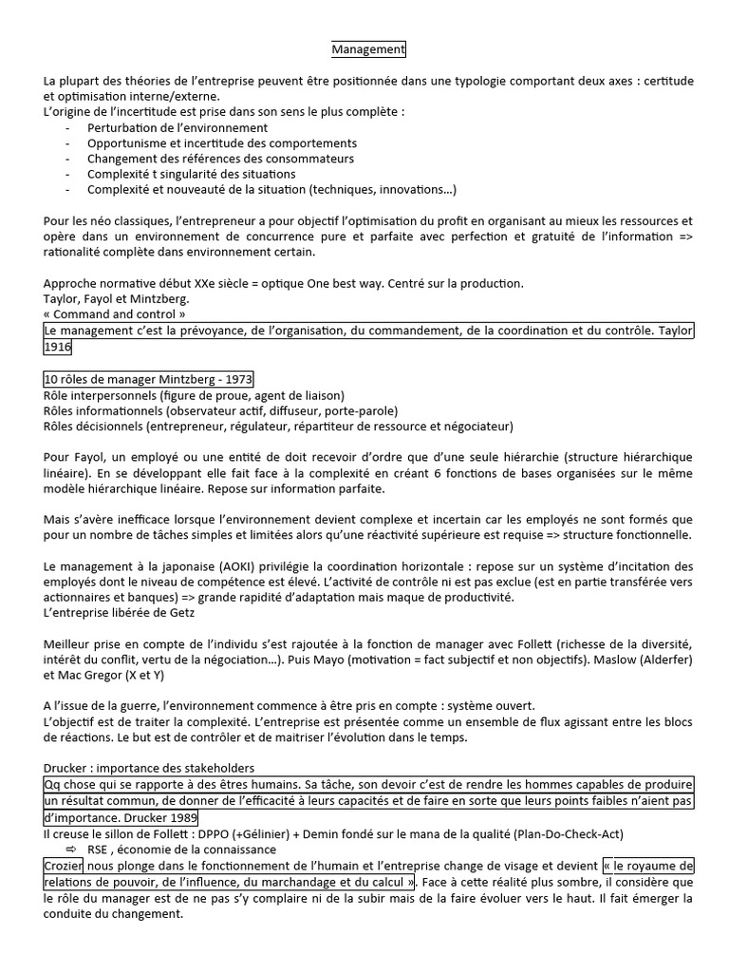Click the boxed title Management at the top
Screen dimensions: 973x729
click(x=368, y=48)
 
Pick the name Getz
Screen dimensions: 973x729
click(x=177, y=612)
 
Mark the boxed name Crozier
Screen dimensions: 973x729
click(x=65, y=866)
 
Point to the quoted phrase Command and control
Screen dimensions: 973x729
click(x=114, y=315)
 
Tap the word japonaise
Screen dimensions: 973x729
click(x=164, y=566)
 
